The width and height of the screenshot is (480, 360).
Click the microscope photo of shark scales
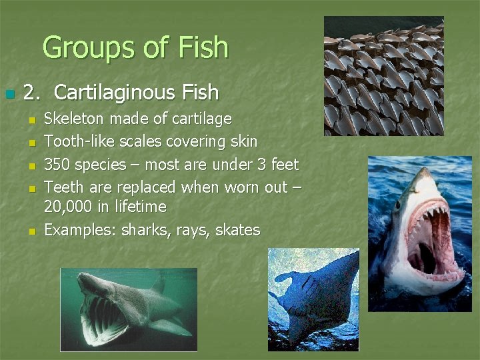383,76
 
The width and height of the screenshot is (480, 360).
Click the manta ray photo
313,299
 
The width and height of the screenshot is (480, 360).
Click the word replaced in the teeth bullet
144,187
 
